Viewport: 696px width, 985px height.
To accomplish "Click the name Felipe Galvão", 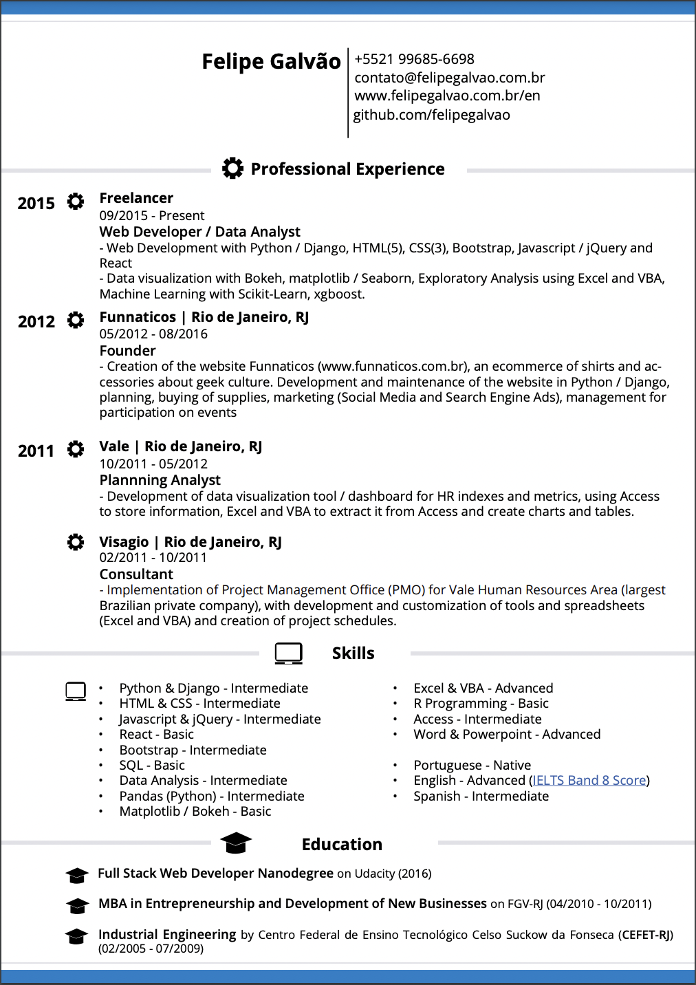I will pos(271,61).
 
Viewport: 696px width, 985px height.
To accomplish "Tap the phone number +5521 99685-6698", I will pos(414,59).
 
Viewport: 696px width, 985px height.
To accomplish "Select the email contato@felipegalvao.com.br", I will pos(450,78).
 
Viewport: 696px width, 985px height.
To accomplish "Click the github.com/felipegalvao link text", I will pos(431,115).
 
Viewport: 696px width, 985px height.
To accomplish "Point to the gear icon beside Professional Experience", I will pos(232,168).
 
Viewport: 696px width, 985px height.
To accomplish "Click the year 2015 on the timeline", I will pos(36,204).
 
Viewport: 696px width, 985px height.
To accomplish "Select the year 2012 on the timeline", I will pos(36,322).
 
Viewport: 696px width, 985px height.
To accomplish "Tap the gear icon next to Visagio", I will pos(76,542).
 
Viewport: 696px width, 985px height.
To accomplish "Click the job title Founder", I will pos(127,351).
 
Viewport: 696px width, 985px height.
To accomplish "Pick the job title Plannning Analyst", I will pos(160,480).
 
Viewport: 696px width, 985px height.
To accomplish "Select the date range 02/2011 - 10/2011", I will pos(153,558).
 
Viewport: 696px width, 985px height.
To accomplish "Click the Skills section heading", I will pos(353,653).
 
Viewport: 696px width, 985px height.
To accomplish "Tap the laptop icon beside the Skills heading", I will pos(288,653).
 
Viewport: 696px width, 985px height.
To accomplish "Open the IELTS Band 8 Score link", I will pos(589,781).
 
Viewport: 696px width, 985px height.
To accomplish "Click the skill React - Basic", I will pos(156,735).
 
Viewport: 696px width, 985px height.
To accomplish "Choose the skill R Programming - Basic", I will pos(481,704).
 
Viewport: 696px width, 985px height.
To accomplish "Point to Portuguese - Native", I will pos(472,766).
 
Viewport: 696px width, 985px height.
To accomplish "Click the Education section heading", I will pos(342,845).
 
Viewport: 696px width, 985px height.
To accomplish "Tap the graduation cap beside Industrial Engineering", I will pos(76,937).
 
